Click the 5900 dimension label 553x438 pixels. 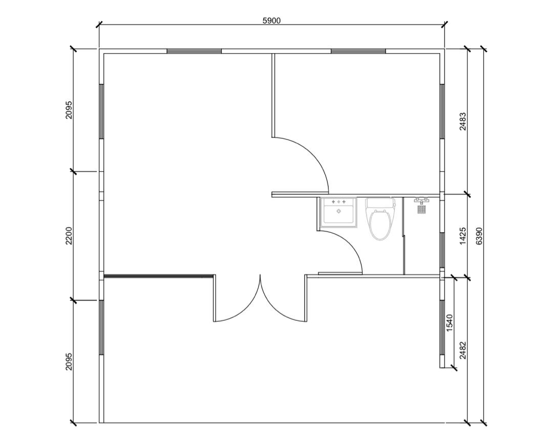271,21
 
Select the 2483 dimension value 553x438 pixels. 463,121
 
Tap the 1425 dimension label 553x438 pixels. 463,236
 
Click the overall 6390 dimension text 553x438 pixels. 479,236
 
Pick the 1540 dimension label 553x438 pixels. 450,323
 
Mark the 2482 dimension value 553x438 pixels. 463,351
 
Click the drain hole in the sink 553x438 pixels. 338,211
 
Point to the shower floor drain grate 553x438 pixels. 422,209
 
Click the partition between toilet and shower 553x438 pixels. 403,236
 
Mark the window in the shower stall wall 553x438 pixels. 441,251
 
